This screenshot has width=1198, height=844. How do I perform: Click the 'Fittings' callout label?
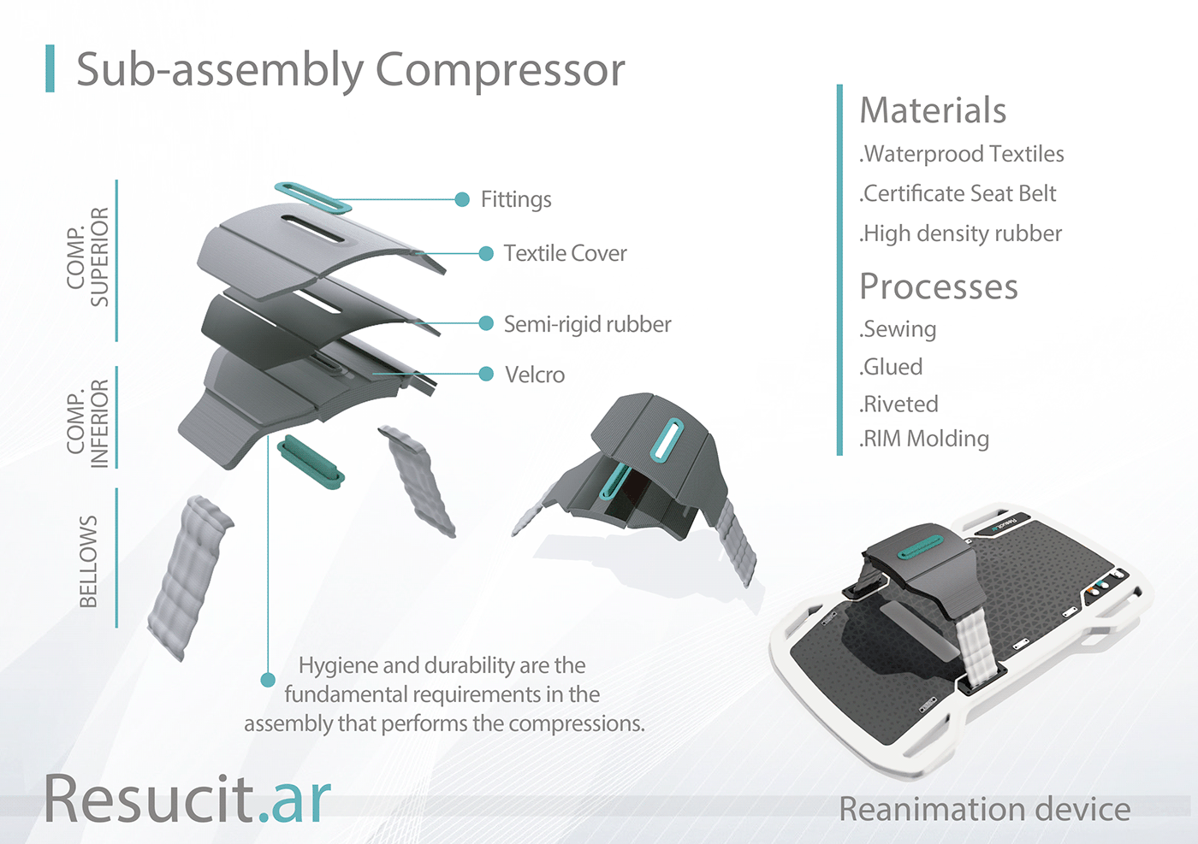pos(516,200)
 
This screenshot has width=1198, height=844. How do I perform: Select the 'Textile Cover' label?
pos(565,254)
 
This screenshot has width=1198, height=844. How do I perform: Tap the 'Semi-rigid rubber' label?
pos(587,325)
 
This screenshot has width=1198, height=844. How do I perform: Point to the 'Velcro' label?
pos(535,375)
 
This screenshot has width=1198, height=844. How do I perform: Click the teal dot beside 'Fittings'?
pos(462,199)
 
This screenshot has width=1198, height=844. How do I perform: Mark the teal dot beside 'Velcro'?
pos(486,374)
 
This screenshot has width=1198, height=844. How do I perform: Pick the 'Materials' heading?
pos(933,111)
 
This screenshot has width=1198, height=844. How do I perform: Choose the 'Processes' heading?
pos(939,287)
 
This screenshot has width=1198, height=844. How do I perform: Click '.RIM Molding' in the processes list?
pos(924,439)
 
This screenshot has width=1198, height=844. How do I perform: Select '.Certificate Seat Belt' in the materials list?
pos(958,194)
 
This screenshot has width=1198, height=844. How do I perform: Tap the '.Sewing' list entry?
pos(898,329)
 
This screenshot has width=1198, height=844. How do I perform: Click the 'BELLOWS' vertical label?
pos(88,561)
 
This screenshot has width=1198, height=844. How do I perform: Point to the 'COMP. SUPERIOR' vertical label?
pos(88,257)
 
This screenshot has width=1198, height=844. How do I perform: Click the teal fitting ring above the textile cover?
pos(313,198)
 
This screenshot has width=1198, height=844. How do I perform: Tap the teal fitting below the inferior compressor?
pos(311,462)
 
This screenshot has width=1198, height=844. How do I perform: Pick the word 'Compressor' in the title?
pos(500,70)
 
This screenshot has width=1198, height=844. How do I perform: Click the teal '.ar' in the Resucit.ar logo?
pos(294,800)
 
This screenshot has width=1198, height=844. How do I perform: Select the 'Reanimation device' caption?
pos(984,809)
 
